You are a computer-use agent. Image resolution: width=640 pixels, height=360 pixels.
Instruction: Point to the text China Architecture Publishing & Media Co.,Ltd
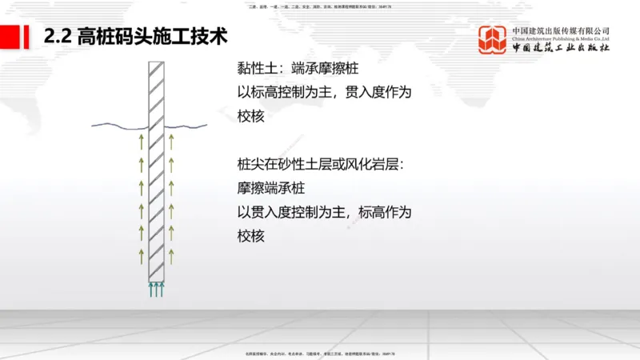pos(561,37)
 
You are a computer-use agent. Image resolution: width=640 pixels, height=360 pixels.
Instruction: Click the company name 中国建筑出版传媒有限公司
pos(561,30)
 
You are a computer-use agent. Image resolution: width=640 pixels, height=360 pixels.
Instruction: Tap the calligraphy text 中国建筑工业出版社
pos(561,49)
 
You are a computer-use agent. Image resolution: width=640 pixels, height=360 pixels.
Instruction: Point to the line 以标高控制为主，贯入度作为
pos(324,93)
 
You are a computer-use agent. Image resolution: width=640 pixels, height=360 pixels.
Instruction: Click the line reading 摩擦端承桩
pos(270,189)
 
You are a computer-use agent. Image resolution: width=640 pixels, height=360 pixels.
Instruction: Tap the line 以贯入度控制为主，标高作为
pos(324,213)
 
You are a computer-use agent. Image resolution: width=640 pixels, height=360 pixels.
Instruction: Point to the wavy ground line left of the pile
pos(118,125)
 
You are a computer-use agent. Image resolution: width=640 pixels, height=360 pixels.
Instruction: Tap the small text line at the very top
pos(320,6)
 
